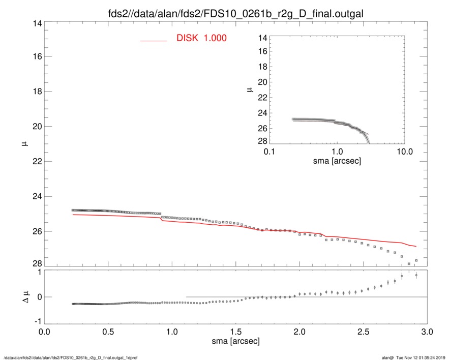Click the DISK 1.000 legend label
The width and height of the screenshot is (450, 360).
pos(201,38)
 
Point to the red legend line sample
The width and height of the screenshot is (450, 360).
pos(154,40)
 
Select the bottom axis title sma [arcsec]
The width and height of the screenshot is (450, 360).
pos(235,341)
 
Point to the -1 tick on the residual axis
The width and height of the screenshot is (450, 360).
pos(37,322)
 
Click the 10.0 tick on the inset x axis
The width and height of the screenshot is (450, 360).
pos(404,152)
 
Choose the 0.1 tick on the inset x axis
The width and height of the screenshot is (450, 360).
pos(269,152)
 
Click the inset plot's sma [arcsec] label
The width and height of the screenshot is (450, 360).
pos(337,161)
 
